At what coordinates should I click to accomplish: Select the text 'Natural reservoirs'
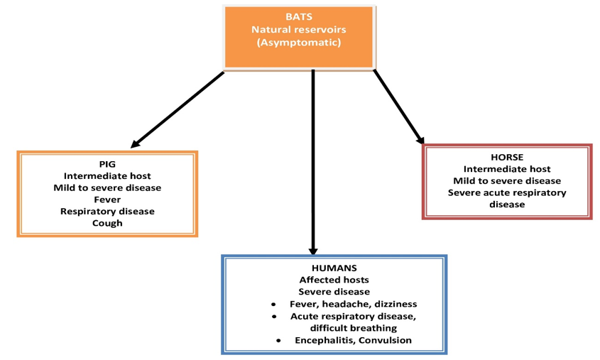(298, 30)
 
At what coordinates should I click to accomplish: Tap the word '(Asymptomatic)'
(298, 43)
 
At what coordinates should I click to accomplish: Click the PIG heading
(107, 163)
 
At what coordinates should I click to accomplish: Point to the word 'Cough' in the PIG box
(107, 223)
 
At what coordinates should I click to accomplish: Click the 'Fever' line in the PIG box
(107, 200)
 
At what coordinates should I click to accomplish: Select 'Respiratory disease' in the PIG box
(107, 211)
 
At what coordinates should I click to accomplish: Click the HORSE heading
(507, 157)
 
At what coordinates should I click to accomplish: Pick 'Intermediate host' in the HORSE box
(507, 169)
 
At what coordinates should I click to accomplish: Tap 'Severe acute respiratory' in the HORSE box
(507, 192)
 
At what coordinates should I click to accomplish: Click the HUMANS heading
(334, 268)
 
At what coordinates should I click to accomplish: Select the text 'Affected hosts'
(334, 280)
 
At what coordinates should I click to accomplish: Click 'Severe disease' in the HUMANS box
(334, 292)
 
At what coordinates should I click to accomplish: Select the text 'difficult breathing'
(354, 328)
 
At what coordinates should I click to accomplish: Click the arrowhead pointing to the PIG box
(136, 143)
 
